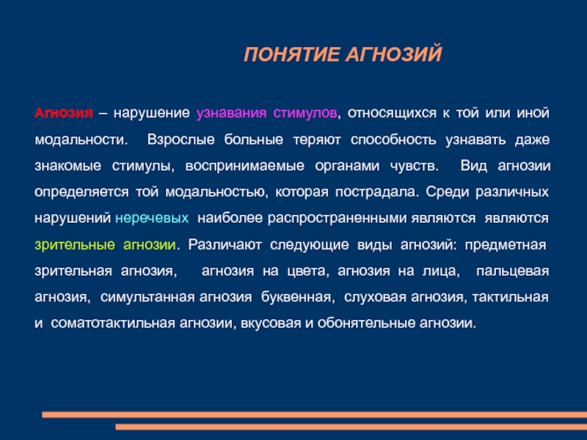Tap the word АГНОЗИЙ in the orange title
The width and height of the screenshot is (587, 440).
click(393, 54)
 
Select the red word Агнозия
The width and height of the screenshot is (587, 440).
click(64, 113)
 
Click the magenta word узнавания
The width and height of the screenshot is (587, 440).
click(231, 114)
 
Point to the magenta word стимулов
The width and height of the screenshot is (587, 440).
click(305, 114)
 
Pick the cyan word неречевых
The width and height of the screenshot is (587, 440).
click(152, 218)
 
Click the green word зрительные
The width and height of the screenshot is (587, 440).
click(75, 245)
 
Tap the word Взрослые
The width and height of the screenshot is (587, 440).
click(181, 139)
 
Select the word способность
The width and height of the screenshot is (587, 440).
click(393, 139)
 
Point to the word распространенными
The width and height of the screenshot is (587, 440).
click(337, 218)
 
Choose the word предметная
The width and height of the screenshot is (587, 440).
click(506, 245)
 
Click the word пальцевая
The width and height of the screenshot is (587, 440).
click(512, 271)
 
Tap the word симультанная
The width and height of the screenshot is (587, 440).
click(147, 297)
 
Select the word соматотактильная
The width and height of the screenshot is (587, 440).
click(113, 323)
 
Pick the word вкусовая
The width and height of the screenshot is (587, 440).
click(271, 323)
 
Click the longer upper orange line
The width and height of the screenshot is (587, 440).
click(315, 414)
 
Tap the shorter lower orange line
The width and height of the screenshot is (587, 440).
click(351, 427)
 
